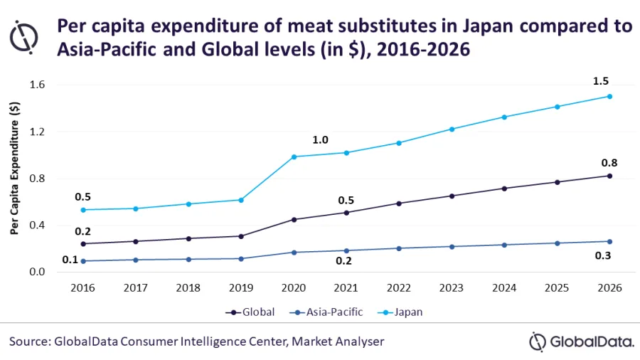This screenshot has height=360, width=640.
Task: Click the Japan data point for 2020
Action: (x=294, y=157)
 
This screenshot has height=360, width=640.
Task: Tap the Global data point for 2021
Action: (x=346, y=212)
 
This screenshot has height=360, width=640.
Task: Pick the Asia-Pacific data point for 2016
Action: (x=83, y=261)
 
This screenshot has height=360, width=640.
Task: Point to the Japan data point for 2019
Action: (x=241, y=200)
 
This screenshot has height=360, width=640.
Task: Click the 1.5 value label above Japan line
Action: (x=601, y=81)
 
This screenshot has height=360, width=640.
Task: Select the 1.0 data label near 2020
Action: (x=320, y=140)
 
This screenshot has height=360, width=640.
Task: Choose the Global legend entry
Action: (x=252, y=312)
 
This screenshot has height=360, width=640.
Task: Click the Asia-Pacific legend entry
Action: (x=328, y=312)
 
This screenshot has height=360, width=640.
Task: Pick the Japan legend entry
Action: (x=405, y=312)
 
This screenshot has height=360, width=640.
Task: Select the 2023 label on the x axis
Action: (x=452, y=288)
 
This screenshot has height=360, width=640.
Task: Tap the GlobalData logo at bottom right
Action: (x=581, y=341)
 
